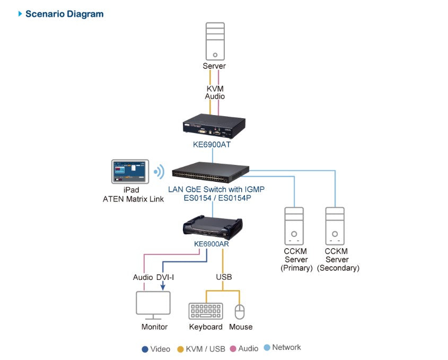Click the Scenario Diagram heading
point(64,14)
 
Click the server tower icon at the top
point(215,41)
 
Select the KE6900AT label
point(213,144)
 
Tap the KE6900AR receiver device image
point(213,225)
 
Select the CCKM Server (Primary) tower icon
point(294,225)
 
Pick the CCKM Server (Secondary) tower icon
point(335,225)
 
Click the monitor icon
point(153,305)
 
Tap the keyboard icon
point(206,311)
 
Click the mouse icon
point(240,311)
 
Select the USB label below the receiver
point(223,277)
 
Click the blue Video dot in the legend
point(145,348)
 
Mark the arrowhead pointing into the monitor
point(162,287)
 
